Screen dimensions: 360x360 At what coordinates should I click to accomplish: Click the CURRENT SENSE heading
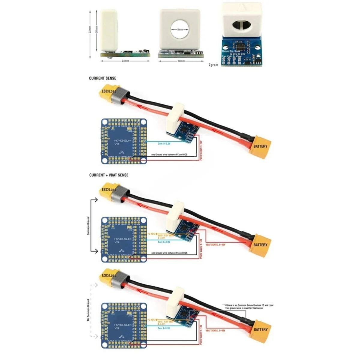pos(102,78)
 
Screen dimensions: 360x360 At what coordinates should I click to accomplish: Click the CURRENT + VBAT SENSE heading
pos(109,175)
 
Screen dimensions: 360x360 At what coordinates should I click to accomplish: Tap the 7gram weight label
pos(213,65)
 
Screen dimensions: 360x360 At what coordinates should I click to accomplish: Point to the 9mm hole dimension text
pos(180,29)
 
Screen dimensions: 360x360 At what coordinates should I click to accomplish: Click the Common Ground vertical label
pos(88,226)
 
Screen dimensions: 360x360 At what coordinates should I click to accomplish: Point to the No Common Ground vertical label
pos(88,310)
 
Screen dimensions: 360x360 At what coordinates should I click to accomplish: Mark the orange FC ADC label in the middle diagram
pos(151,233)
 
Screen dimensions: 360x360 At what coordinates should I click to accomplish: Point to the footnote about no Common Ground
pos(248,306)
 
